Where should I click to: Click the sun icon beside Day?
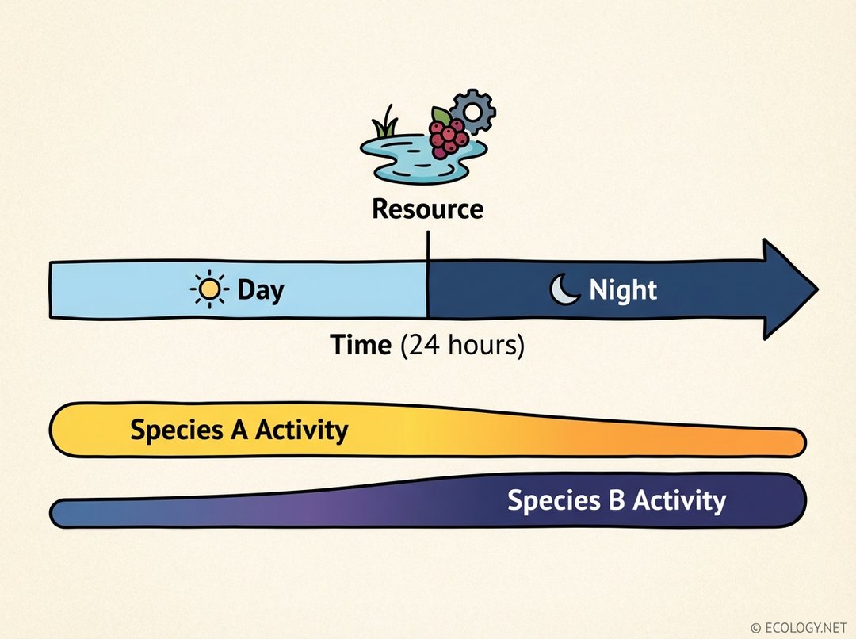[x=209, y=290]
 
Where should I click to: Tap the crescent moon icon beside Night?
[x=566, y=290]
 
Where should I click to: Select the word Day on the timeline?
[x=260, y=290]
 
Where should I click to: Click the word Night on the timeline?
[x=623, y=290]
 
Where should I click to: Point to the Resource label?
[x=427, y=209]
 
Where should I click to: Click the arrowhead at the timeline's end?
[x=789, y=289]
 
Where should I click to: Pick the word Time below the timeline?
[x=361, y=346]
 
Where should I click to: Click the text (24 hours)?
[x=462, y=346]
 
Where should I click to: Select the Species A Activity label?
[x=239, y=430]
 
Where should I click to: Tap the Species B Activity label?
[x=616, y=501]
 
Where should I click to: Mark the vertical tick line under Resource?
[x=427, y=246]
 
